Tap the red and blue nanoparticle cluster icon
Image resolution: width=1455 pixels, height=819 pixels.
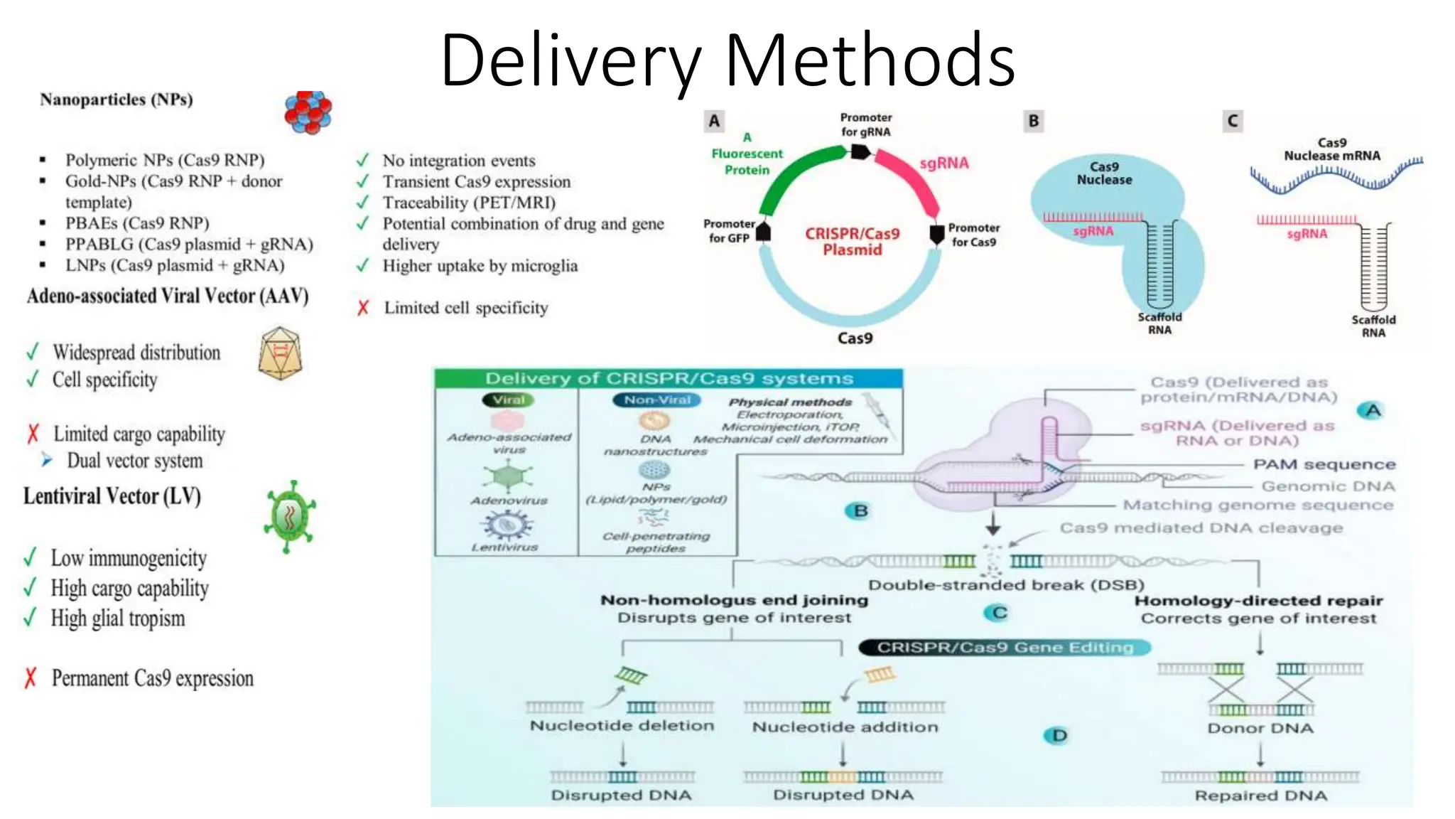[x=308, y=112]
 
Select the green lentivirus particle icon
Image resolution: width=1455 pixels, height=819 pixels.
[x=289, y=517]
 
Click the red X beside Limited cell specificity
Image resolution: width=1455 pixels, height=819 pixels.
[x=363, y=308]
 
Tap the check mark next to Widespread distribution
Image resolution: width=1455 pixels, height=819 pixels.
[x=32, y=352]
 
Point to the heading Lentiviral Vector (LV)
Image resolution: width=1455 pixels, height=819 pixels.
[x=112, y=496]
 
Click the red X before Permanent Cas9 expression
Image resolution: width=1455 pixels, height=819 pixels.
[x=30, y=678]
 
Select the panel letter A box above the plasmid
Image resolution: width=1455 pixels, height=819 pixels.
[x=714, y=121]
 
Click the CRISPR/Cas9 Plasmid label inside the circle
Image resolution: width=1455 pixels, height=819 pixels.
[x=852, y=242]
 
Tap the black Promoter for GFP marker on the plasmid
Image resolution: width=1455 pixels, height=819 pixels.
[x=764, y=231]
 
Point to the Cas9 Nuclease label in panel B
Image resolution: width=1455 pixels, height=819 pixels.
[x=1104, y=173]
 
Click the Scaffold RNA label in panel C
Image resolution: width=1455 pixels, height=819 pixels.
[x=1373, y=326]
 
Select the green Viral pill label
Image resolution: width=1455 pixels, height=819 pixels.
[x=509, y=400]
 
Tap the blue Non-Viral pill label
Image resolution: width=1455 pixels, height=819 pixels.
[x=656, y=400]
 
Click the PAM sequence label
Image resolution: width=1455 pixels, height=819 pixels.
[x=1324, y=464]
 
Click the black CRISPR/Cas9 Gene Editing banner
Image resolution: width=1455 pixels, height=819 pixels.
[x=1004, y=647]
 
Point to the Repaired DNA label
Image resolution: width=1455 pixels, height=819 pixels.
[x=1260, y=796]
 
